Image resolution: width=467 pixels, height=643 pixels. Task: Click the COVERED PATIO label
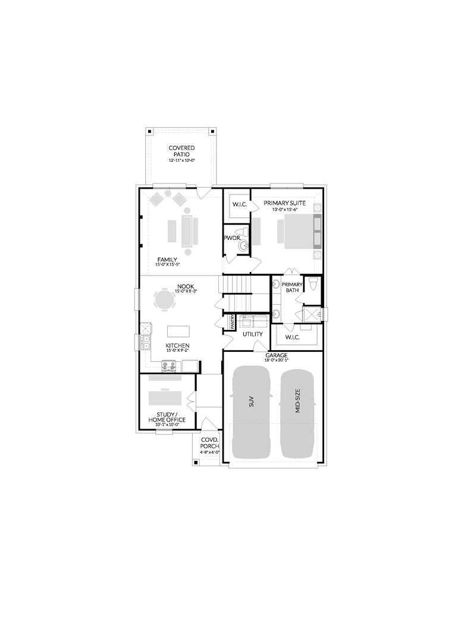click(x=181, y=151)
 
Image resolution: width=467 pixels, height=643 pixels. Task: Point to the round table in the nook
click(x=165, y=298)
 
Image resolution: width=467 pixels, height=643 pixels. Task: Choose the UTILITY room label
click(x=253, y=334)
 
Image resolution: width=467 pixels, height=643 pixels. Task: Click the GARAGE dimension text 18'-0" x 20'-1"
click(x=277, y=360)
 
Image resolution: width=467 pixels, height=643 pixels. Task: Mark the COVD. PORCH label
click(x=209, y=443)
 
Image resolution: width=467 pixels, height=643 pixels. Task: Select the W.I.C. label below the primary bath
click(x=292, y=338)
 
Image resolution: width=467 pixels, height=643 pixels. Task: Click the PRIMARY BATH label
click(x=292, y=287)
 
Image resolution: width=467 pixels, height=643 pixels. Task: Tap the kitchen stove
click(x=168, y=366)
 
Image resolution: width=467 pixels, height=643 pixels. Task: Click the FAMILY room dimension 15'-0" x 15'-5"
click(x=167, y=264)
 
